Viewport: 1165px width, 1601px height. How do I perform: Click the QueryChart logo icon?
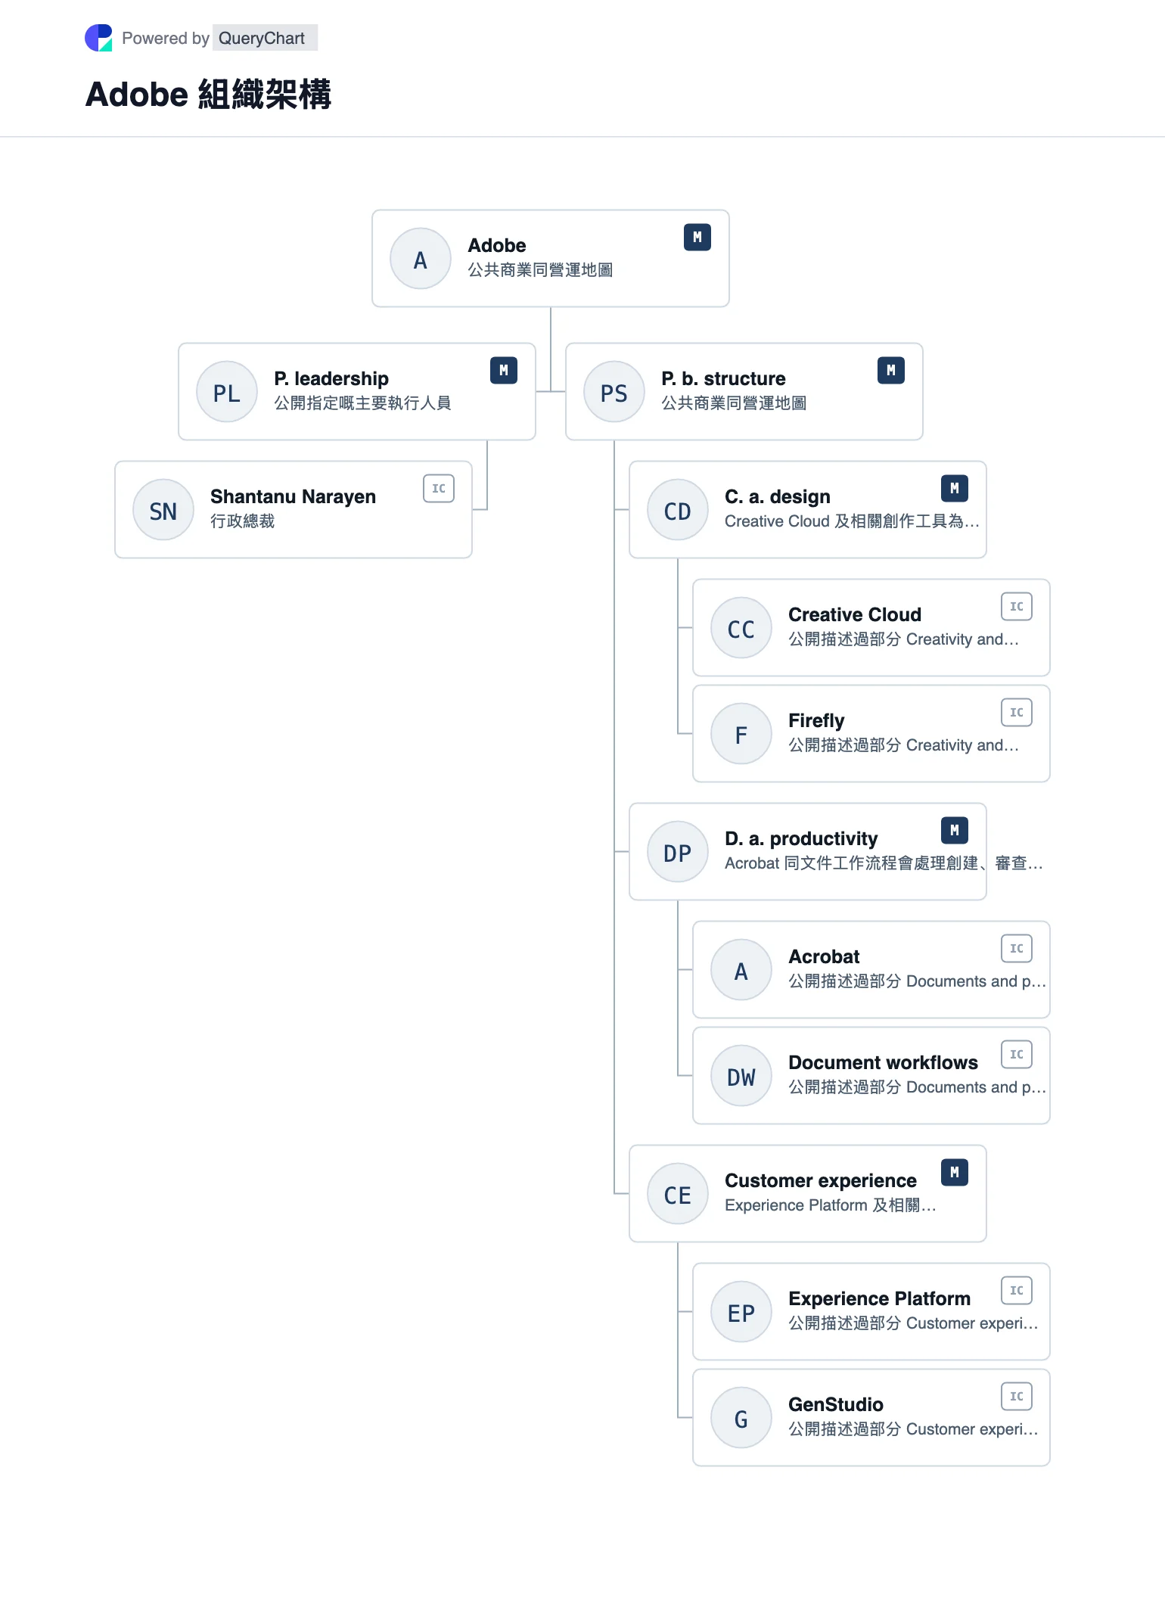(98, 38)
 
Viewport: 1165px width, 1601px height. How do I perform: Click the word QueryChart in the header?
(262, 38)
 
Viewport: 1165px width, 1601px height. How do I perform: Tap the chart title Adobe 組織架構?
(208, 95)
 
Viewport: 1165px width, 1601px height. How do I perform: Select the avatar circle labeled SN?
(163, 510)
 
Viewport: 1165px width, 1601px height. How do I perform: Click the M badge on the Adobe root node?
(697, 238)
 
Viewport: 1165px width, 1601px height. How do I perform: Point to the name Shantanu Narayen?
(293, 496)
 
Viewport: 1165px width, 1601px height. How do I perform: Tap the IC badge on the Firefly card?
(1017, 713)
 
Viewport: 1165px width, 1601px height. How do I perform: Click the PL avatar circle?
(227, 392)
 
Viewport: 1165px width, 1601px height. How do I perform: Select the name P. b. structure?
(723, 378)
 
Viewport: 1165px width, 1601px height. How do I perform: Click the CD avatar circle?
(678, 510)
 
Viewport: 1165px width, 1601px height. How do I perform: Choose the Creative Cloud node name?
(855, 614)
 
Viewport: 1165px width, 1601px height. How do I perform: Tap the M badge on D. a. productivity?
(955, 831)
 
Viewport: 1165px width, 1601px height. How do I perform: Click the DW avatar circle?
(741, 1076)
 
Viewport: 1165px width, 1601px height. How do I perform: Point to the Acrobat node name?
(824, 956)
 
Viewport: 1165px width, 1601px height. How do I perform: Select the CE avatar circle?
(678, 1194)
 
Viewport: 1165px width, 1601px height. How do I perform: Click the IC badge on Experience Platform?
(1017, 1291)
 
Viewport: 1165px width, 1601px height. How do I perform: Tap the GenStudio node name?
(836, 1404)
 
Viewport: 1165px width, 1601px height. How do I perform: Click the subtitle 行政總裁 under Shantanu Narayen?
(242, 521)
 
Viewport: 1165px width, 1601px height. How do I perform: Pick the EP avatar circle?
(741, 1312)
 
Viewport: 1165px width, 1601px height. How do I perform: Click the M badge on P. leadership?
(504, 371)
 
